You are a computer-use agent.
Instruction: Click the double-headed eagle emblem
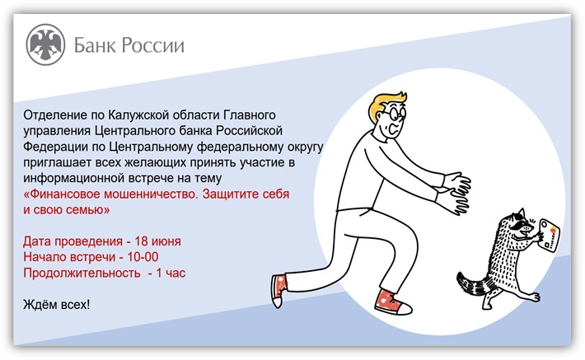point(45,44)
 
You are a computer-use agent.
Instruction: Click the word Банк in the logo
point(95,45)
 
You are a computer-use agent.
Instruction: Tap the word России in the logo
point(153,45)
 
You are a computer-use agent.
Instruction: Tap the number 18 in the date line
point(142,241)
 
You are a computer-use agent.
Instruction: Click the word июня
point(166,241)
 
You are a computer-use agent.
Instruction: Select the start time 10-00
point(143,257)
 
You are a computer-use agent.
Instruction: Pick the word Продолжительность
point(82,273)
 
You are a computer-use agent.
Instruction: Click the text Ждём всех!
point(57,305)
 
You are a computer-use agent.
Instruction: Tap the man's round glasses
point(395,114)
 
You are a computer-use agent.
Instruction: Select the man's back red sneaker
point(278,290)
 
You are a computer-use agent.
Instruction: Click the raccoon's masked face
point(520,225)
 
